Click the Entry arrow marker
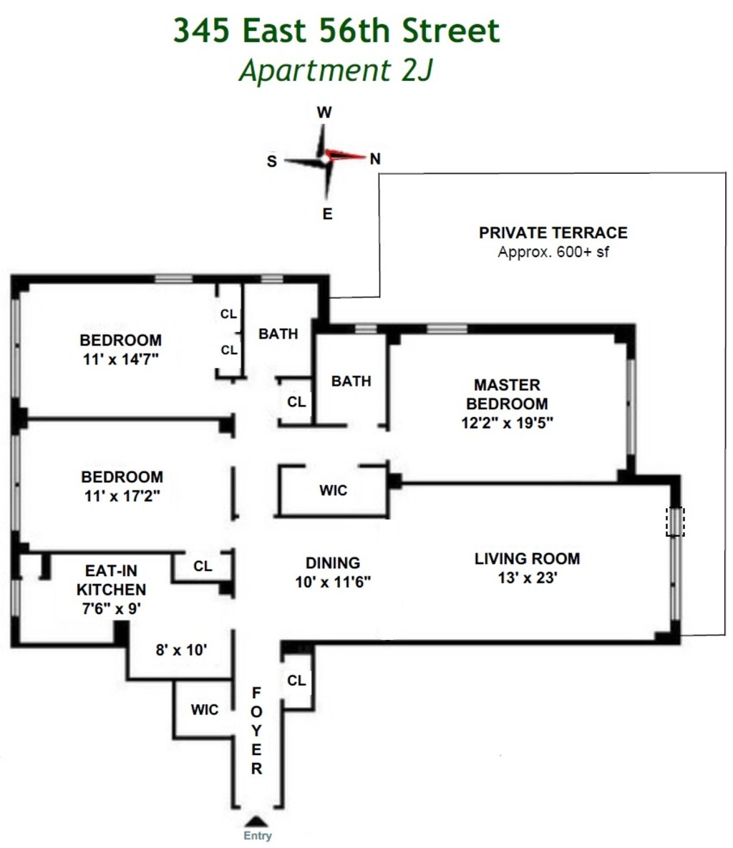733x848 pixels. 258,822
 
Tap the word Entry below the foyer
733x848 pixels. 258,836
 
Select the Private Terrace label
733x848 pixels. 553,233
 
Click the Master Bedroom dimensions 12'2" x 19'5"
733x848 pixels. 507,422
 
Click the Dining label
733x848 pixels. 332,563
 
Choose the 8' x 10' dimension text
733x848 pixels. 181,650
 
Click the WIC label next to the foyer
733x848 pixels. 204,709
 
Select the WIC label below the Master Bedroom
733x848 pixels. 333,490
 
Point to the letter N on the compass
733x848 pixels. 374,159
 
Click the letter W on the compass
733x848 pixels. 324,112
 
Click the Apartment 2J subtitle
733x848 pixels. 336,71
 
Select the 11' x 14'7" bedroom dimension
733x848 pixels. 120,359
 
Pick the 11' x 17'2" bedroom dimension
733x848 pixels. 121,495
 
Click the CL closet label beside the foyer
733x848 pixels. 296,680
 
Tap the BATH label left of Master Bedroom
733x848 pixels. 351,381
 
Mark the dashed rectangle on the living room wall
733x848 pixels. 675,522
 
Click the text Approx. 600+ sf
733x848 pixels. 553,252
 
